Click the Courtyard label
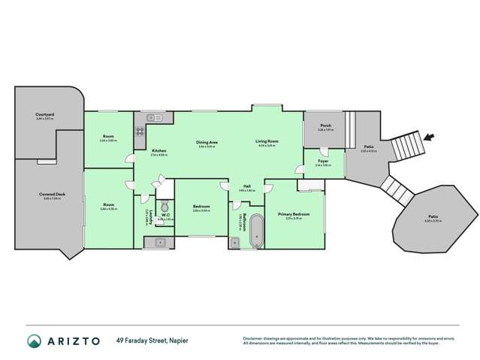[x=44, y=115]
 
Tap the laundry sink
[x=160, y=241]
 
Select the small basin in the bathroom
[x=234, y=241]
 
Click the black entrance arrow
[x=428, y=138]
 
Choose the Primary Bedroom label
[x=295, y=213]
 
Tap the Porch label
[x=325, y=126]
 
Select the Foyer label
[x=322, y=161]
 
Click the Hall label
[x=246, y=187]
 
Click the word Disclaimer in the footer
[x=255, y=337]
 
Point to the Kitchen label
[x=159, y=151]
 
